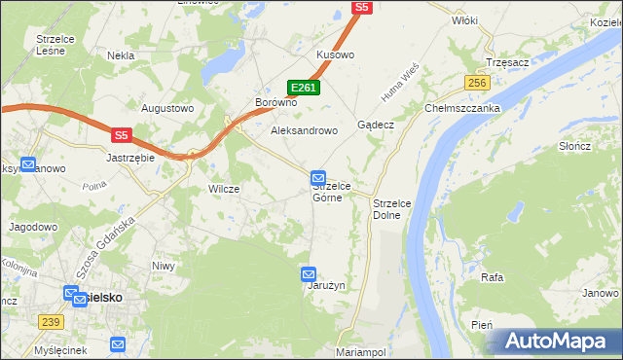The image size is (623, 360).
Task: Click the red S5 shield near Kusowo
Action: tap(362, 7)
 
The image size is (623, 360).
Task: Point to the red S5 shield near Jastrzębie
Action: tap(121, 136)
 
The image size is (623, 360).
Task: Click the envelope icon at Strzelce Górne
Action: tap(318, 177)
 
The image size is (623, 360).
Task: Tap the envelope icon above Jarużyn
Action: tap(310, 273)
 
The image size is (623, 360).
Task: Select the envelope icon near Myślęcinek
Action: tap(118, 343)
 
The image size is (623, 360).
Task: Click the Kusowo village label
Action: tap(335, 55)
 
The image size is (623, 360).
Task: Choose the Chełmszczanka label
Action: tap(462, 109)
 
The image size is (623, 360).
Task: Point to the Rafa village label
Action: tap(492, 277)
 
